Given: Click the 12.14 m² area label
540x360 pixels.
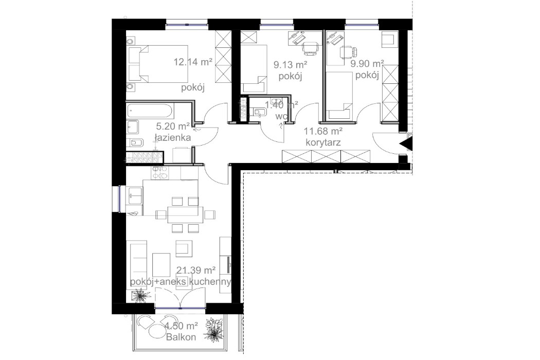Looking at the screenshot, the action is point(193,62).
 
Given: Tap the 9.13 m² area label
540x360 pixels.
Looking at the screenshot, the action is point(291,64).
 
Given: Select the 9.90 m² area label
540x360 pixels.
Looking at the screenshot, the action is point(367,64).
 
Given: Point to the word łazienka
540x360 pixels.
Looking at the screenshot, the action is point(172,137).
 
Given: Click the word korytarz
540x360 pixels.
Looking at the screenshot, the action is point(323,142).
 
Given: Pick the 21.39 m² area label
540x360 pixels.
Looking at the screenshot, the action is point(196,269).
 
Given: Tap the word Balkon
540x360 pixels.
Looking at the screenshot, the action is point(181,336).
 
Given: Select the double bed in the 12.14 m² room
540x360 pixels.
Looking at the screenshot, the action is point(158,64).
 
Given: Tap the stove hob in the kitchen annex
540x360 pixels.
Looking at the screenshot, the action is point(159,173).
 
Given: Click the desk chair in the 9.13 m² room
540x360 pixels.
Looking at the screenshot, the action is point(310,48).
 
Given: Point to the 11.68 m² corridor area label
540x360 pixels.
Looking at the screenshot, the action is point(322,131).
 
